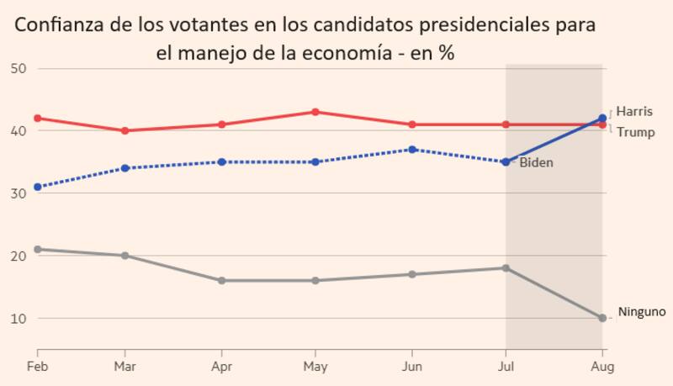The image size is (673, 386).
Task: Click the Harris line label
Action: tap(633, 111)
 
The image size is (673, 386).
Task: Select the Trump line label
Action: tap(635, 132)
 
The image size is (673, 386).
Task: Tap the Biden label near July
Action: tap(536, 162)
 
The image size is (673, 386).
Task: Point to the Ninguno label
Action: tap(641, 312)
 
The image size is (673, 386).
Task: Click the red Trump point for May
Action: tap(315, 112)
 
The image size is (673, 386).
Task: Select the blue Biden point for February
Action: tap(38, 187)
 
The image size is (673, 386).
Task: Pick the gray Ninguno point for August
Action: tap(602, 318)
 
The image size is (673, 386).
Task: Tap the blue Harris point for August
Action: tap(602, 119)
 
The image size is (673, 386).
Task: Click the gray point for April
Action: tap(220, 280)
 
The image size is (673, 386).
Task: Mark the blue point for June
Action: tap(411, 150)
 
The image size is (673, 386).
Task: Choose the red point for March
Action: tap(125, 130)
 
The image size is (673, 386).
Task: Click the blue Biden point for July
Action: tap(506, 161)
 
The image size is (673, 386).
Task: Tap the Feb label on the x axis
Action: tap(37, 367)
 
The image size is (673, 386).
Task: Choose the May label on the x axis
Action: tap(315, 367)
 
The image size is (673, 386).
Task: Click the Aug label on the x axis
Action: tap(602, 367)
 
